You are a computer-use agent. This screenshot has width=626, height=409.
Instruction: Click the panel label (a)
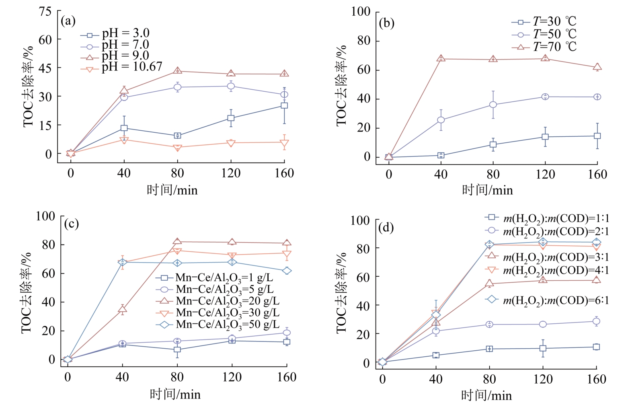pos(68,21)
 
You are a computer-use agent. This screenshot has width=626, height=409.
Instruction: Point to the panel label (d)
pos(386,228)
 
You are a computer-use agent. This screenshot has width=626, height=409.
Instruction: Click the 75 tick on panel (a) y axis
pos(45,11)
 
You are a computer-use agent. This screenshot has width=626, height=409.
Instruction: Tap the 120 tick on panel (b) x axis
pos(545,174)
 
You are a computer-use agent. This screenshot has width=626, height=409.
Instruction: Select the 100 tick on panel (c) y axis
pos(45,216)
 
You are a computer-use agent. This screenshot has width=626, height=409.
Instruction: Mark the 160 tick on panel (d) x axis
pos(596,379)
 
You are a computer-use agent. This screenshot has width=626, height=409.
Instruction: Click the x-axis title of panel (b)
pos(487,190)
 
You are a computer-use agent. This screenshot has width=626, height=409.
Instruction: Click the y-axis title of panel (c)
pos(27,293)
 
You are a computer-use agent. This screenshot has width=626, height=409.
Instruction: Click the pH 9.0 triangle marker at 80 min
pos(178,70)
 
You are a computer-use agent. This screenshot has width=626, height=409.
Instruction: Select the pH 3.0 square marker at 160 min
pos(284,105)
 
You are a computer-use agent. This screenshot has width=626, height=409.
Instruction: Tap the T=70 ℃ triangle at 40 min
pos(441,58)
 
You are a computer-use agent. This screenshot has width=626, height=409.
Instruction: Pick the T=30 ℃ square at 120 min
pos(545,137)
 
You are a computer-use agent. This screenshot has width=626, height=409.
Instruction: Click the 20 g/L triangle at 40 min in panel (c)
pos(122,309)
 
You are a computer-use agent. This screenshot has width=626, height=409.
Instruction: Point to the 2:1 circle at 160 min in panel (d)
pos(596,321)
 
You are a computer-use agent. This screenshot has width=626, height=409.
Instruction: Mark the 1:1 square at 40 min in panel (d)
pos(436,355)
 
